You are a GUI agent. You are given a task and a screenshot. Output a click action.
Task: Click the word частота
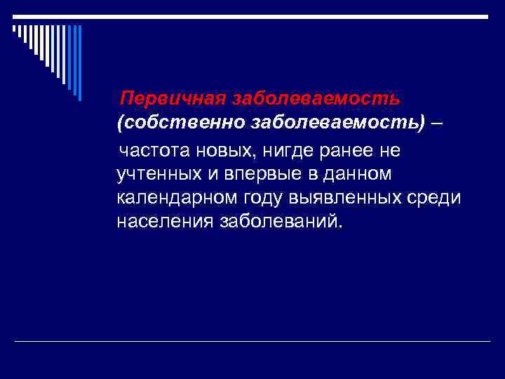click(154, 149)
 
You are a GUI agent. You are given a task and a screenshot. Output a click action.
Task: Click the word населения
click(166, 222)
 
